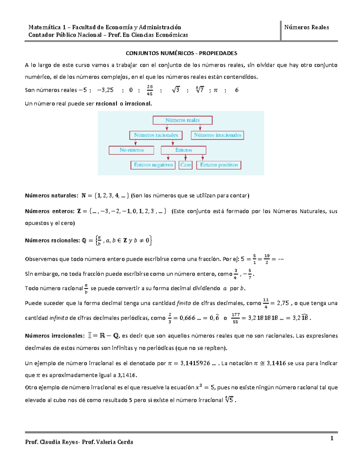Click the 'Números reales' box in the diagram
[182, 120]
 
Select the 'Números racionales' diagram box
[156, 135]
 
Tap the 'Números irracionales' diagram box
[217, 135]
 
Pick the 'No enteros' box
[131, 150]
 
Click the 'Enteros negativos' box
[153, 165]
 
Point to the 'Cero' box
[186, 165]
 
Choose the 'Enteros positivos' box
[219, 165]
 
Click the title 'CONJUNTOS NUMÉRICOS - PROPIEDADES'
[181, 53]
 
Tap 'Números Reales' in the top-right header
[306, 27]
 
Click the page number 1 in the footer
[332, 438]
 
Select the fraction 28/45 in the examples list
[150, 90]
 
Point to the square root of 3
[176, 90]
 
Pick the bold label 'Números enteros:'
[49, 211]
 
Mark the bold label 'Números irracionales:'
[55, 336]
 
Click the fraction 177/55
[235, 318]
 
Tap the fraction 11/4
[266, 303]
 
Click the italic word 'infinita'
[58, 318]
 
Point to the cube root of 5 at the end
[229, 400]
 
